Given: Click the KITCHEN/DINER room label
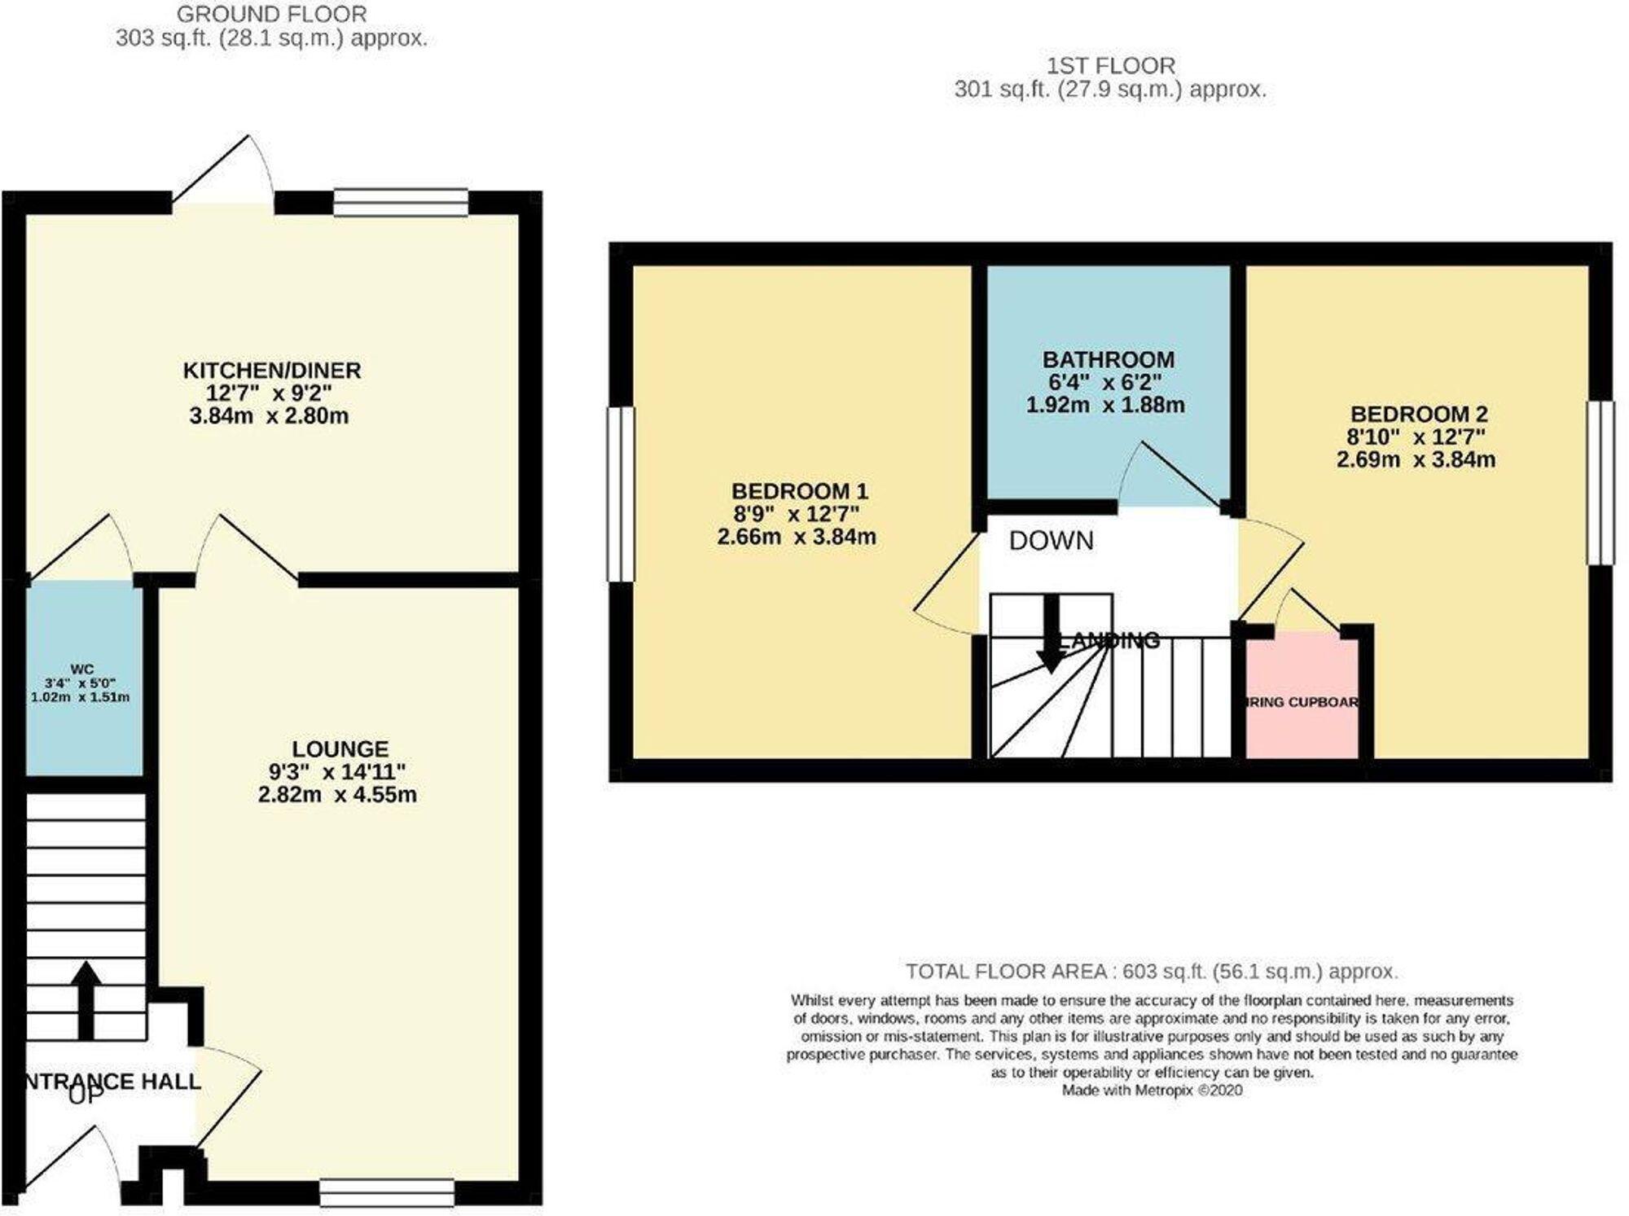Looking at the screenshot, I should (271, 371).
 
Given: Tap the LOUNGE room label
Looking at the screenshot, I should (340, 748).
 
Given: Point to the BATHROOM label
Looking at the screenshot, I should (1108, 359).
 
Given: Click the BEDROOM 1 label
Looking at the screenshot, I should (799, 491).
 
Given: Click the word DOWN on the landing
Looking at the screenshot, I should (1051, 541).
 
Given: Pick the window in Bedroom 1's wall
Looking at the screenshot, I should (621, 494).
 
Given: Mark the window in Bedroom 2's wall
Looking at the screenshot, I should (1600, 483).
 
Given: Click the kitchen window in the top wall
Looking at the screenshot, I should (401, 202).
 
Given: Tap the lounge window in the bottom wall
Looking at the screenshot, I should (387, 1192).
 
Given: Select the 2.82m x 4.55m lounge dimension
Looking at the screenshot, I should (337, 794).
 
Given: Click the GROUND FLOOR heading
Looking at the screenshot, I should (271, 14).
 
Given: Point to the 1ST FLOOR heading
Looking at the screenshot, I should (1110, 65).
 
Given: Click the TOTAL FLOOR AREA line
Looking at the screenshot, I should (1151, 971).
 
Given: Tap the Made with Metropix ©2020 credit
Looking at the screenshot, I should (1151, 1090).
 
